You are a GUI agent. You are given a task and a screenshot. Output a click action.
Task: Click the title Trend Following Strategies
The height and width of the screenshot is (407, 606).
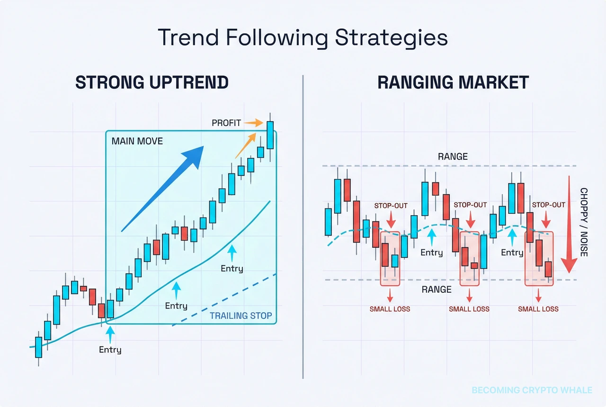303,38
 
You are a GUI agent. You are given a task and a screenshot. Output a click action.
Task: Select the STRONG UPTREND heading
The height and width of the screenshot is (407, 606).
152,82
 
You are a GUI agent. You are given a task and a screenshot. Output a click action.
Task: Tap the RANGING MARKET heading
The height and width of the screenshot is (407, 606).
453,82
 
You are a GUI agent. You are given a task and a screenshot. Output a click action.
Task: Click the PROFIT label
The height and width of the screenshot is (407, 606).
226,123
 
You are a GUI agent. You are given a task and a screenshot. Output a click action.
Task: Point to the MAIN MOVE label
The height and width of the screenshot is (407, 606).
137,141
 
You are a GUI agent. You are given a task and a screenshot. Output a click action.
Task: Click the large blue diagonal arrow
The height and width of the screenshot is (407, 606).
162,189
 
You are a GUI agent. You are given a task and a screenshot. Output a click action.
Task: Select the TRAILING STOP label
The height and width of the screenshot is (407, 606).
241,316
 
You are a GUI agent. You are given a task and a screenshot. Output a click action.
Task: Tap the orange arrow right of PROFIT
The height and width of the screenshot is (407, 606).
253,123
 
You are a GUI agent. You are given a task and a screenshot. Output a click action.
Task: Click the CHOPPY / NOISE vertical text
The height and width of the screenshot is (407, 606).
584,222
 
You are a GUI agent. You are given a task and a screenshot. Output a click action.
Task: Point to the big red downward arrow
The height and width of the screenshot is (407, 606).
569,224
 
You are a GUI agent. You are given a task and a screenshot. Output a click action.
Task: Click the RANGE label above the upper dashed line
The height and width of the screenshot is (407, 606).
453,156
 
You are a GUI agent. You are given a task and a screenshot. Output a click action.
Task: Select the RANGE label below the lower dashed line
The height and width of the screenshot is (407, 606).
437,289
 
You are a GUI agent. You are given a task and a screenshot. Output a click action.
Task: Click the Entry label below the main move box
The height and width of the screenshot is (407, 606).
110,350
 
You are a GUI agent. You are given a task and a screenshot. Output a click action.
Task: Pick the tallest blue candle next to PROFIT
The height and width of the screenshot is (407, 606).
270,136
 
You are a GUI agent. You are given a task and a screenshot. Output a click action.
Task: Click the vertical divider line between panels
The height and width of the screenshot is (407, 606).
303,227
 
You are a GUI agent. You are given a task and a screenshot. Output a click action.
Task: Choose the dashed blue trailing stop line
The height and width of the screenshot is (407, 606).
224,300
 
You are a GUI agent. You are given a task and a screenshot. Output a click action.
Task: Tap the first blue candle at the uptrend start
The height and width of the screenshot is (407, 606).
39,347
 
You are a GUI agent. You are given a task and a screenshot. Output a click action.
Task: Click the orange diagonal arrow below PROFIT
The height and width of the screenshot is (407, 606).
246,145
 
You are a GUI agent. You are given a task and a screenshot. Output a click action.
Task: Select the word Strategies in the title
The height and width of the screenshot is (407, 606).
392,38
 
